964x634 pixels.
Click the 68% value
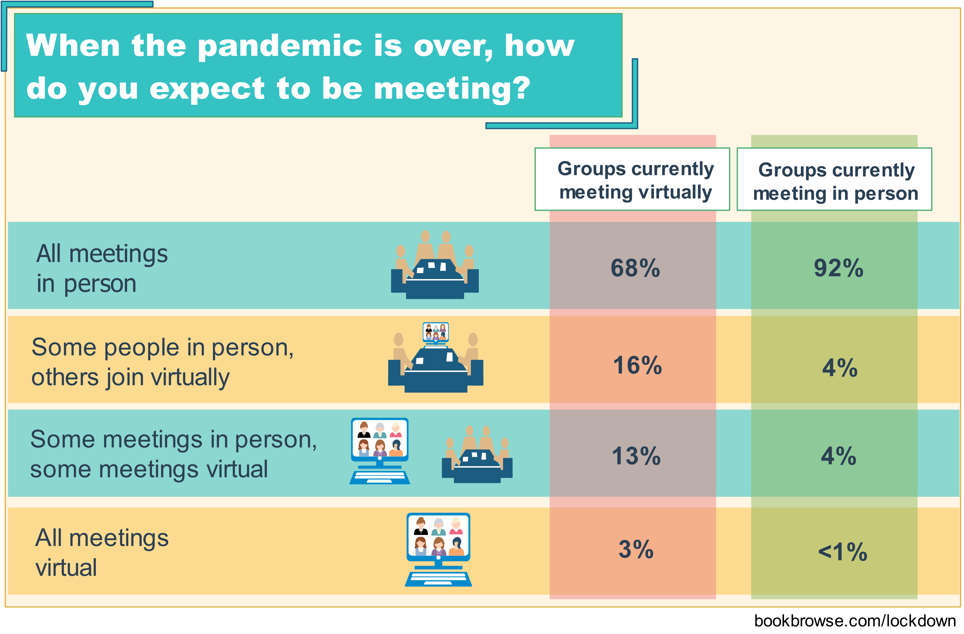pyautogui.click(x=635, y=268)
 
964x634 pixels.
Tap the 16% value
pyautogui.click(x=637, y=365)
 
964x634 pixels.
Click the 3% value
pyautogui.click(x=636, y=550)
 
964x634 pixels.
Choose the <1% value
pyautogui.click(x=843, y=552)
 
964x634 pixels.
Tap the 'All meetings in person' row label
pyautogui.click(x=102, y=268)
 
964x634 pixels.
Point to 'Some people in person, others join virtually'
pyautogui.click(x=162, y=362)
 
